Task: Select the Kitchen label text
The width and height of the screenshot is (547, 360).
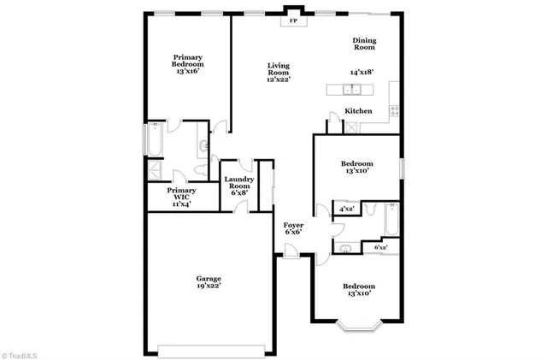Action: click(x=357, y=111)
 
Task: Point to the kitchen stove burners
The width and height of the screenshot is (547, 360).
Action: click(x=393, y=109)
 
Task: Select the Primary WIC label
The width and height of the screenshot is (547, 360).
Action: click(x=180, y=198)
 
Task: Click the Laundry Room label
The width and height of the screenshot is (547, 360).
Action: click(x=238, y=186)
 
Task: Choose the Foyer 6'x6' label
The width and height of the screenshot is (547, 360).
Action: click(x=294, y=228)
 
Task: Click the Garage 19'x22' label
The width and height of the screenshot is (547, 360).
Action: click(x=209, y=283)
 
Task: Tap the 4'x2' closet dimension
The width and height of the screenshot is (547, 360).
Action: click(x=347, y=209)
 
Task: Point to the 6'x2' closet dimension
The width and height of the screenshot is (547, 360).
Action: click(x=381, y=248)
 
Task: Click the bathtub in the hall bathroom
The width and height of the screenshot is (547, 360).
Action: click(x=391, y=221)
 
